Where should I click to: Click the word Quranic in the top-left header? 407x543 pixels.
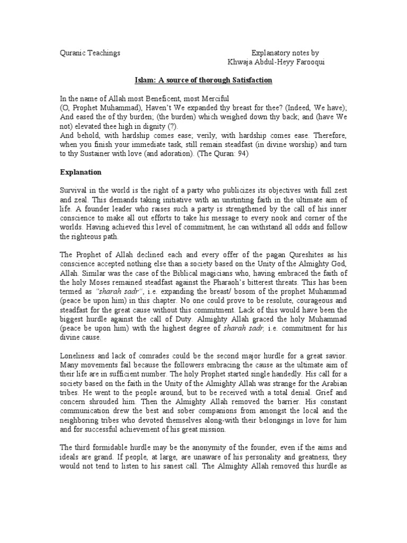pos(70,53)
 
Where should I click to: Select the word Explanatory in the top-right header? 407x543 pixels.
pos(271,53)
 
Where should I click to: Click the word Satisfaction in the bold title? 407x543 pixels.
pos(249,80)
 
